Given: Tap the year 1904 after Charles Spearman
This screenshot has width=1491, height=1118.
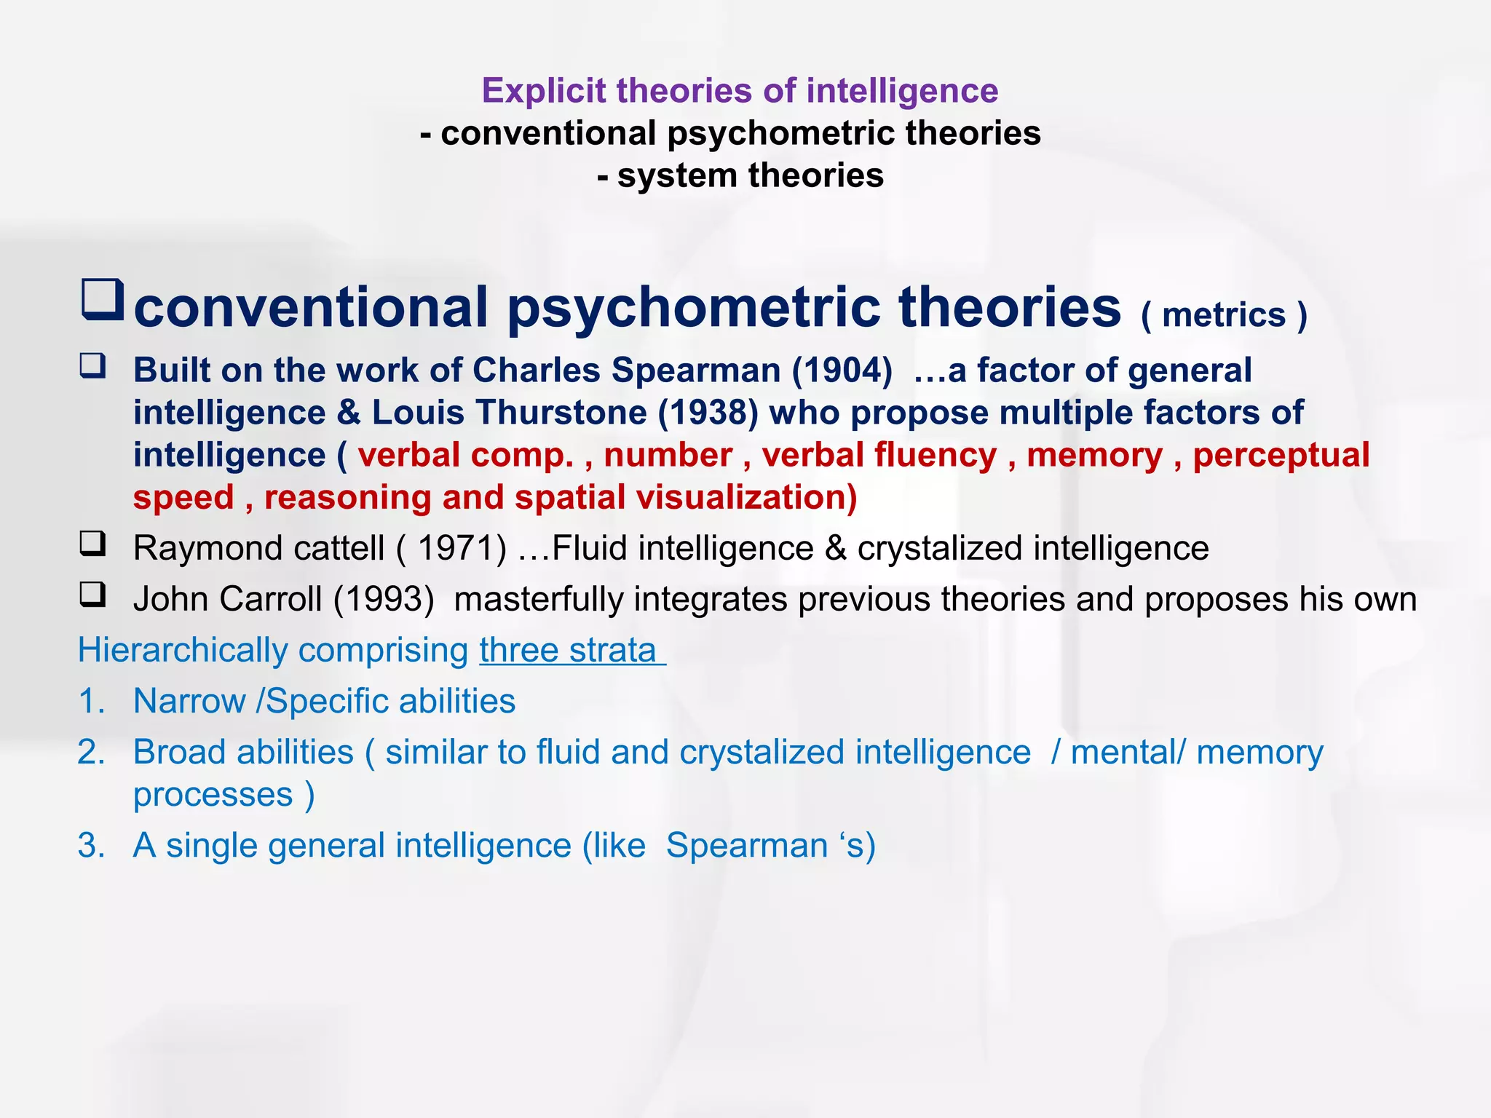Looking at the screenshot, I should (842, 370).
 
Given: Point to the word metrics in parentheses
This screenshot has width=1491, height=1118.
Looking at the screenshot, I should (1224, 315).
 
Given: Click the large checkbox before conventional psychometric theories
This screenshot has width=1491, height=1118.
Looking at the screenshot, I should (102, 299).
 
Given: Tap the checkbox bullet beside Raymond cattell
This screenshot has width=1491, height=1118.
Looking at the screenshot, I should (93, 544).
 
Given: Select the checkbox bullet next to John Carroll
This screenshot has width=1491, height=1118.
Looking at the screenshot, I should (93, 595).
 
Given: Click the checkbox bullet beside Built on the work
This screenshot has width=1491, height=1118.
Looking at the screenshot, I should (93, 365).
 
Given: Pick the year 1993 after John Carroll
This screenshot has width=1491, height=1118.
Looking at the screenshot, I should (384, 599).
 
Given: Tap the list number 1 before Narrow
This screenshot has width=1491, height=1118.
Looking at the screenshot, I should (90, 701).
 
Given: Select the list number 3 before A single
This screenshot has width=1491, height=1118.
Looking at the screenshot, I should (90, 846).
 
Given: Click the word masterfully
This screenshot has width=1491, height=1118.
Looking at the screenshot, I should (538, 599).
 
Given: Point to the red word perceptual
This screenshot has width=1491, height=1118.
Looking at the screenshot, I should (1281, 455).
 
